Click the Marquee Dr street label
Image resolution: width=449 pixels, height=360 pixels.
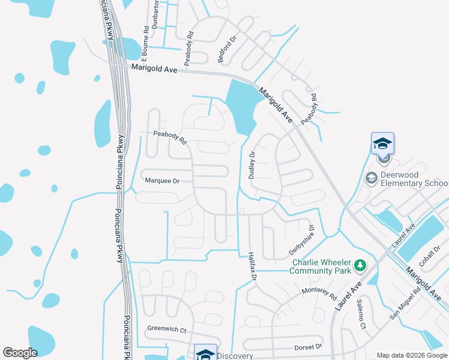point(163,180)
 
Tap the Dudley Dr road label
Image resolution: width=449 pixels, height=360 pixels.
point(252,165)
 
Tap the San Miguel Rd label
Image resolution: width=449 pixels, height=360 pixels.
point(404,307)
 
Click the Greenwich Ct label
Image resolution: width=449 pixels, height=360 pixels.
point(167,330)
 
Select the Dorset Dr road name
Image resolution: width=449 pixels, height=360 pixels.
point(309,347)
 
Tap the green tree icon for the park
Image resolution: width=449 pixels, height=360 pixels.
point(360,265)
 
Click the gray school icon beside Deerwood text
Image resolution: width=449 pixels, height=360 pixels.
point(371,178)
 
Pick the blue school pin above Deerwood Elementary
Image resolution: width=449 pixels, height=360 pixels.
point(383,145)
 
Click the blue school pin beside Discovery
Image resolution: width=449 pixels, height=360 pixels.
point(205,353)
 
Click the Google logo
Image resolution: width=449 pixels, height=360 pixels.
point(20,353)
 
